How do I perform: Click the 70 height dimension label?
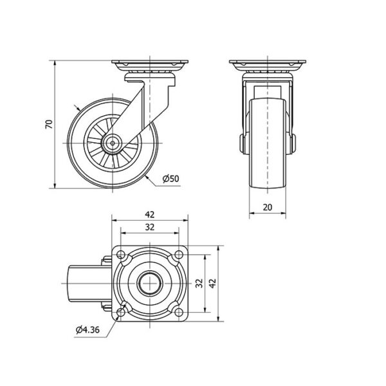coord(50,124)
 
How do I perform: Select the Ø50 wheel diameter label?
coord(171,178)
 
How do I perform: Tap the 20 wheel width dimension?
coord(268,207)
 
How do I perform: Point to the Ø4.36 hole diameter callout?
coord(87,329)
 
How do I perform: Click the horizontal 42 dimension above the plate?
coord(150,215)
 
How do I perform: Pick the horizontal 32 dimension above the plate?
coord(150,227)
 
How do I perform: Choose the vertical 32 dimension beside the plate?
coord(199,283)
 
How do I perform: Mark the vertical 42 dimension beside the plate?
coord(212,283)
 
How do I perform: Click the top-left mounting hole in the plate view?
coord(121,254)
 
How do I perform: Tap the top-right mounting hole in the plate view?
coord(179,254)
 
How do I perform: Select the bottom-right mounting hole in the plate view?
coord(179,312)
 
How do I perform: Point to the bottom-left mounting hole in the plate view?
coord(121,312)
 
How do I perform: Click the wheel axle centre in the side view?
coord(113,143)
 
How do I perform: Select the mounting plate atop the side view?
coord(150,62)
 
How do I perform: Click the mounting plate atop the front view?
coord(268,62)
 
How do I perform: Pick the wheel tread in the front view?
coord(268,143)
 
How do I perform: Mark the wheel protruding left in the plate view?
coord(89,283)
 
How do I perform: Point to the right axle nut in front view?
coord(293,143)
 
